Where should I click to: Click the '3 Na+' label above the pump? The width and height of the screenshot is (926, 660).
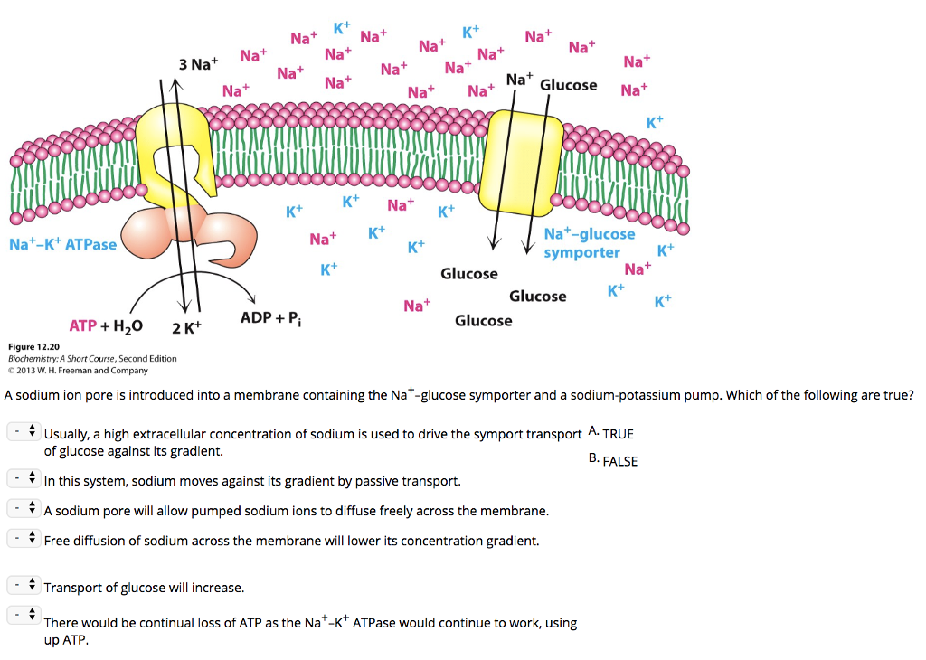point(198,64)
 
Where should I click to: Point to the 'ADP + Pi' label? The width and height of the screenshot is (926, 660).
point(270,318)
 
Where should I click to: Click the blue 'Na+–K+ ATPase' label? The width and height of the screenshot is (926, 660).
point(62,244)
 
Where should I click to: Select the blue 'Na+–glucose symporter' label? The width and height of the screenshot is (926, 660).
point(589,243)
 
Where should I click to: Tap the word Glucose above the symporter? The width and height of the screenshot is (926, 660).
point(568,85)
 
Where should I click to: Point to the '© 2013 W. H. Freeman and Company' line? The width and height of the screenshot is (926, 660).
point(78,370)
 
